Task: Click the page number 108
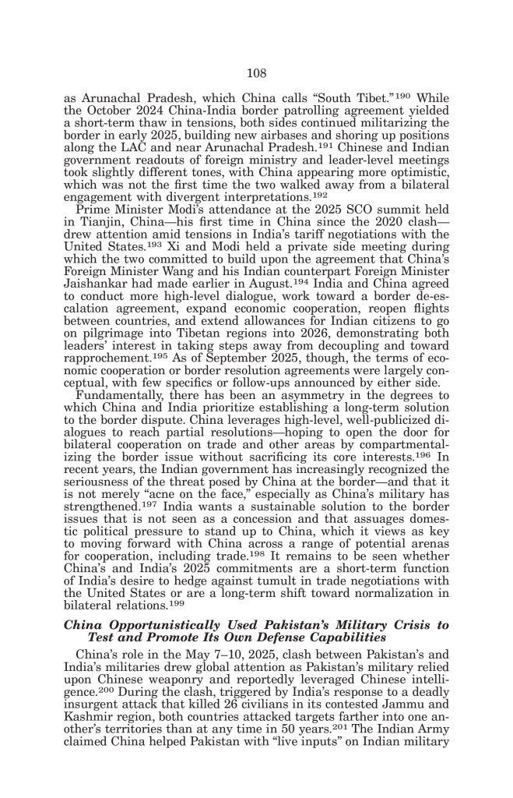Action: pyautogui.click(x=257, y=74)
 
